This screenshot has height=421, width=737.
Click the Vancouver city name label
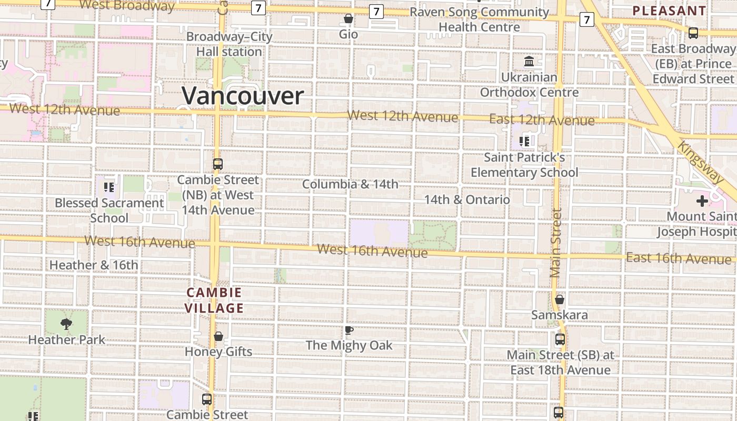point(243,96)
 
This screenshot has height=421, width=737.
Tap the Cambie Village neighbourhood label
point(214,300)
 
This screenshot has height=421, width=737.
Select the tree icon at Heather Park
point(66,324)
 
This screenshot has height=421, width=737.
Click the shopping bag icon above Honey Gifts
point(218,336)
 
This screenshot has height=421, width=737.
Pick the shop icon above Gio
point(348,19)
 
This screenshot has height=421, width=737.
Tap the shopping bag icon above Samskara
point(560,299)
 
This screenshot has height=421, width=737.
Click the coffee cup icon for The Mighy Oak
point(348,330)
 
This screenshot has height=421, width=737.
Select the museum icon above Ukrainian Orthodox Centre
point(529,62)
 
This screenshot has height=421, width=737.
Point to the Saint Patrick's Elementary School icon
point(524,141)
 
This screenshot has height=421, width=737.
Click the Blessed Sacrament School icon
point(109,187)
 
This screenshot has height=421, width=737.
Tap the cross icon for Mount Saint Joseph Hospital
point(702,201)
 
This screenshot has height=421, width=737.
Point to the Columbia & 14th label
point(350,184)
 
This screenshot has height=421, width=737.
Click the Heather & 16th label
point(94,265)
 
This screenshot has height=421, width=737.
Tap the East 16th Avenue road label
point(679,258)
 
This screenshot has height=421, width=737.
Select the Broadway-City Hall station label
point(230,44)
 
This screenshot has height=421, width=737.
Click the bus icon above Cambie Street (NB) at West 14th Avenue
point(218,164)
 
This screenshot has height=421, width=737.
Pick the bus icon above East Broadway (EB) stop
point(693,33)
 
